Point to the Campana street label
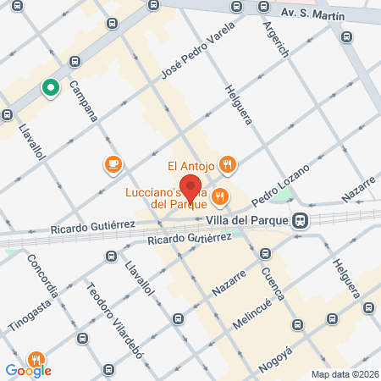click(x=85, y=99)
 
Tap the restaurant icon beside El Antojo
click(x=226, y=164)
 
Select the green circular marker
click(x=50, y=87)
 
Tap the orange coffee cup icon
click(x=113, y=164)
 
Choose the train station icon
click(x=300, y=220)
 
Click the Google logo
click(x=29, y=370)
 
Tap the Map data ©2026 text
click(x=343, y=373)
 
